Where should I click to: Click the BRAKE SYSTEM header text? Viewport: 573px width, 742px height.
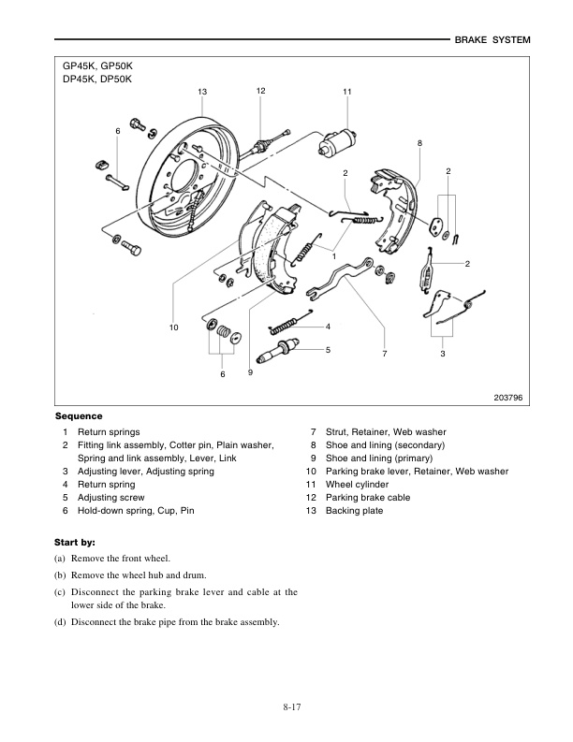(492, 40)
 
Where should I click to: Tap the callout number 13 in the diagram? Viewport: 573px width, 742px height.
(202, 91)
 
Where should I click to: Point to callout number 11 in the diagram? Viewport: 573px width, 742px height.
(346, 91)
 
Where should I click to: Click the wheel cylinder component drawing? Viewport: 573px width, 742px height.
(340, 141)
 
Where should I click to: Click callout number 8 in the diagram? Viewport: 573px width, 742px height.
(419, 143)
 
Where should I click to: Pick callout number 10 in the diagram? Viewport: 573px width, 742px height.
(173, 327)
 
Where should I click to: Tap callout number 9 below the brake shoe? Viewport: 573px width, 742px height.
(250, 372)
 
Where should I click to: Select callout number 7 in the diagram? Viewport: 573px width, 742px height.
(384, 354)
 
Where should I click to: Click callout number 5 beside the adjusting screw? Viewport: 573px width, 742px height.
(328, 349)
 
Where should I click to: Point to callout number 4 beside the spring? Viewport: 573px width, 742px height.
(328, 327)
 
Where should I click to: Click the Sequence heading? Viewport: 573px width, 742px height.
(79, 415)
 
